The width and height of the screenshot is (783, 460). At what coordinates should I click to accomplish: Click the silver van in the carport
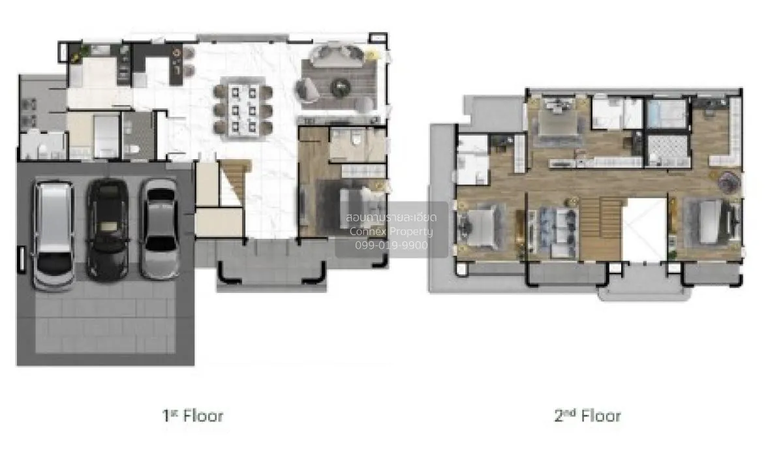[x=54, y=235]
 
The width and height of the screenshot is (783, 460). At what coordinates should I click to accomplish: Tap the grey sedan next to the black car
[x=159, y=229]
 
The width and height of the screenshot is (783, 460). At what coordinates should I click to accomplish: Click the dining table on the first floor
[x=243, y=110]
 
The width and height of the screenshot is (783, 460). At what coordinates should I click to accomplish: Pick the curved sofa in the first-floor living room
[x=337, y=55]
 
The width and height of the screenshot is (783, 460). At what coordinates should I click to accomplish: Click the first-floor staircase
[x=234, y=182]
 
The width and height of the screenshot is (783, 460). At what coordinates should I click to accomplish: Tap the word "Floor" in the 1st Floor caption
[x=203, y=416]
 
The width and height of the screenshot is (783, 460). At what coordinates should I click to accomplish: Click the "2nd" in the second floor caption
[x=564, y=415]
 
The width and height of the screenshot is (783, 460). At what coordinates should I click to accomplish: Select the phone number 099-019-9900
[x=391, y=245]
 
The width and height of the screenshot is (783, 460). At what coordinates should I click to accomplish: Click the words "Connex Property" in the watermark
[x=391, y=232]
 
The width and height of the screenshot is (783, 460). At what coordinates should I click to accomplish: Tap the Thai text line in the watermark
[x=391, y=217]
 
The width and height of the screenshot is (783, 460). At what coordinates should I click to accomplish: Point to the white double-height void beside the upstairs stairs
[x=645, y=230]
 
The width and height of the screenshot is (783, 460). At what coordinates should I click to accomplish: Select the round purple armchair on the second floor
[x=729, y=182]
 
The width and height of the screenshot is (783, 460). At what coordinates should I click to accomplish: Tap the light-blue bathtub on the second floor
[x=666, y=114]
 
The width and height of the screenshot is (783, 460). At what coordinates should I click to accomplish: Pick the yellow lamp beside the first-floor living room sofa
[x=371, y=55]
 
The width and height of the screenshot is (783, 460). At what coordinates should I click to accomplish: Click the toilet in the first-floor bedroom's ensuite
[x=356, y=138]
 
